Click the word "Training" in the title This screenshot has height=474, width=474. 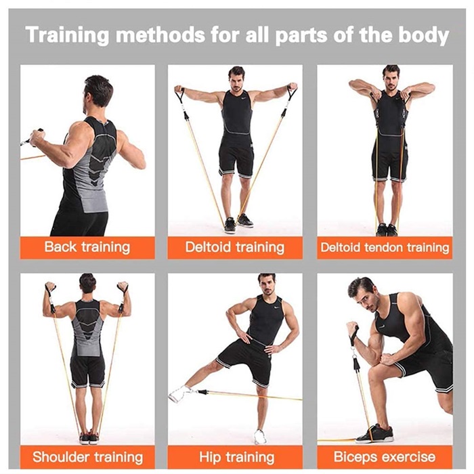point(67,36)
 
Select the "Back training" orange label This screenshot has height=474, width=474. point(87,247)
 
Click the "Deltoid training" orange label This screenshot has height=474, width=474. point(235,247)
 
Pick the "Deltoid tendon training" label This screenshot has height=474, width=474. point(385,247)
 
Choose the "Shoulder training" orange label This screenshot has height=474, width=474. point(87,457)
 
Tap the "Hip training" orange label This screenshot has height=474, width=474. point(235,457)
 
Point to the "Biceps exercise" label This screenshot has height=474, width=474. point(385,457)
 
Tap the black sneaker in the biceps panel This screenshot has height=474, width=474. point(375,434)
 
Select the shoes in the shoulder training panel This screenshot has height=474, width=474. point(89,438)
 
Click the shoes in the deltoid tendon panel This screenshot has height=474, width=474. point(387,230)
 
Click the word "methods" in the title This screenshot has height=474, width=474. point(160,36)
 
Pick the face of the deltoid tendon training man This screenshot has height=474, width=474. point(391,79)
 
